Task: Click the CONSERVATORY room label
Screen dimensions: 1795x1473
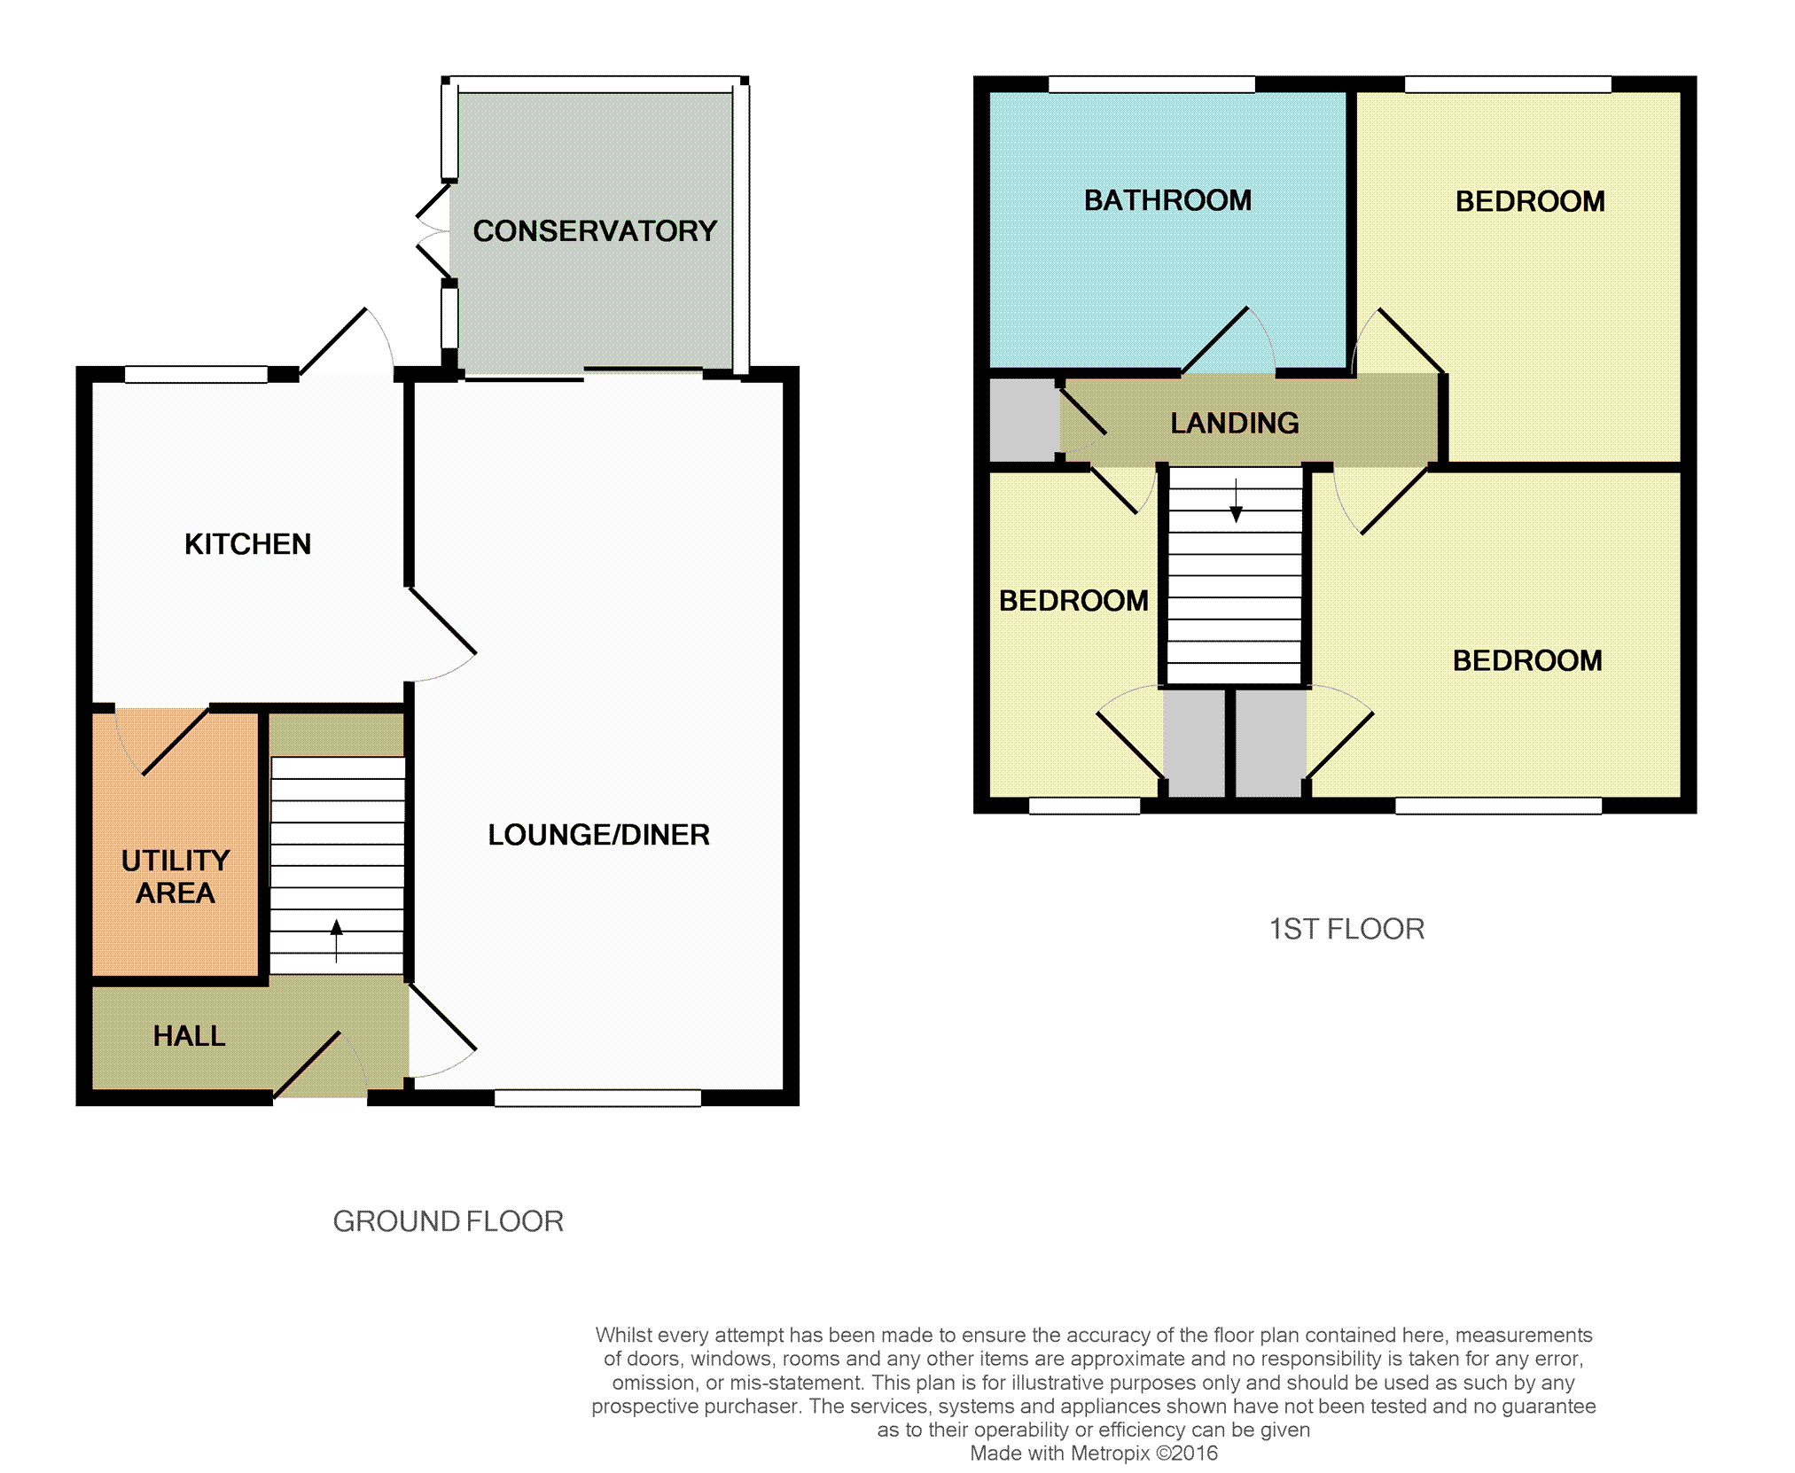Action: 595,230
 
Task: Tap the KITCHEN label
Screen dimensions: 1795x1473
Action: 247,543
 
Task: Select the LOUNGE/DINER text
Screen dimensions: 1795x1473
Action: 598,834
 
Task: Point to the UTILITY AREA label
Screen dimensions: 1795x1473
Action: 176,876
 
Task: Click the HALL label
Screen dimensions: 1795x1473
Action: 189,1035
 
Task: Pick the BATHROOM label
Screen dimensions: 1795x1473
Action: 1167,200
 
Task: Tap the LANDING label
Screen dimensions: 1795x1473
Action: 1235,423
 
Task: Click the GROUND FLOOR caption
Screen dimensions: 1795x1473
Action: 448,1221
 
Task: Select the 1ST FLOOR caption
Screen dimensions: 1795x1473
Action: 1346,929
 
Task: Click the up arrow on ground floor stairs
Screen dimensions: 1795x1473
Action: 337,940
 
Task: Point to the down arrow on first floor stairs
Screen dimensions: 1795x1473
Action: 1236,501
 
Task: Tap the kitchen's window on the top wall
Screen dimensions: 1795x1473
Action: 196,374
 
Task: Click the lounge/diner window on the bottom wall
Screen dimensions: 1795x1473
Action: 597,1098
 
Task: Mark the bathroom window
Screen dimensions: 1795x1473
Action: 1151,84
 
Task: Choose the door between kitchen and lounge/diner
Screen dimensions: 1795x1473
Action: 441,634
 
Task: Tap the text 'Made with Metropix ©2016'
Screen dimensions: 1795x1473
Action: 1094,1453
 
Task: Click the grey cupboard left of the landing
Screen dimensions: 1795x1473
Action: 1024,420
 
